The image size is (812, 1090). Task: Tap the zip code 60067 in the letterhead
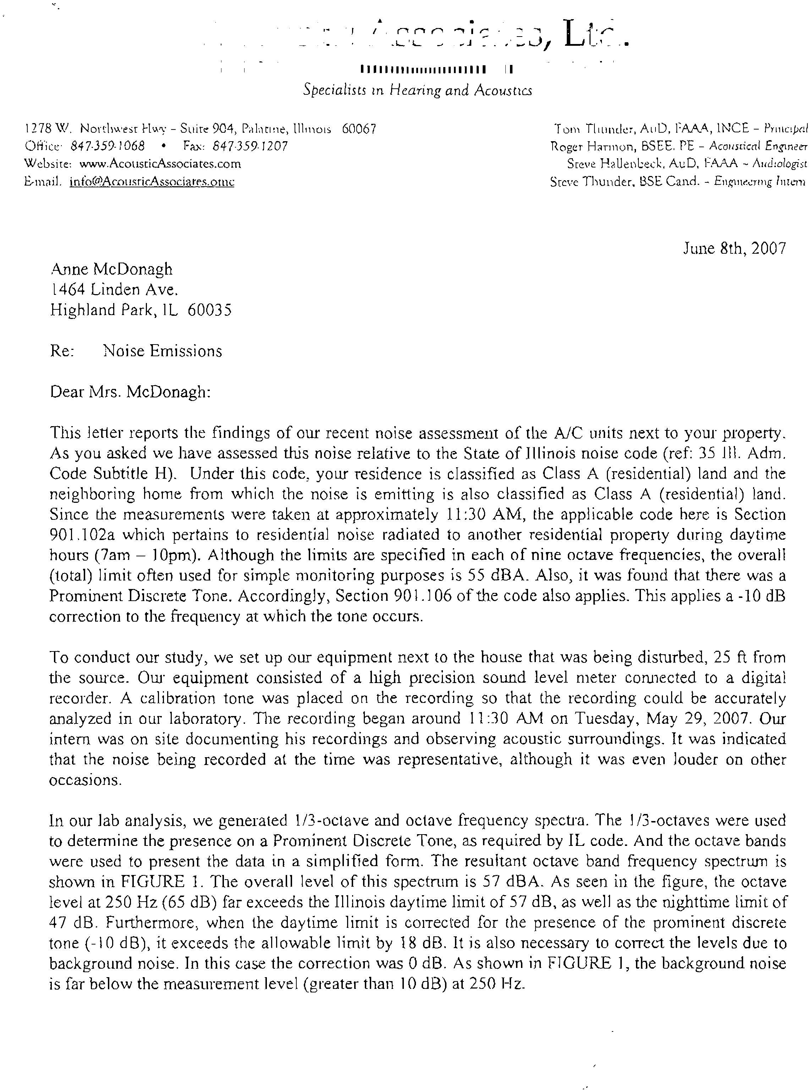click(x=359, y=129)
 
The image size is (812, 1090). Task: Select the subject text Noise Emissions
click(x=163, y=351)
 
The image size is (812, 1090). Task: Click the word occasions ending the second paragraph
click(x=84, y=780)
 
